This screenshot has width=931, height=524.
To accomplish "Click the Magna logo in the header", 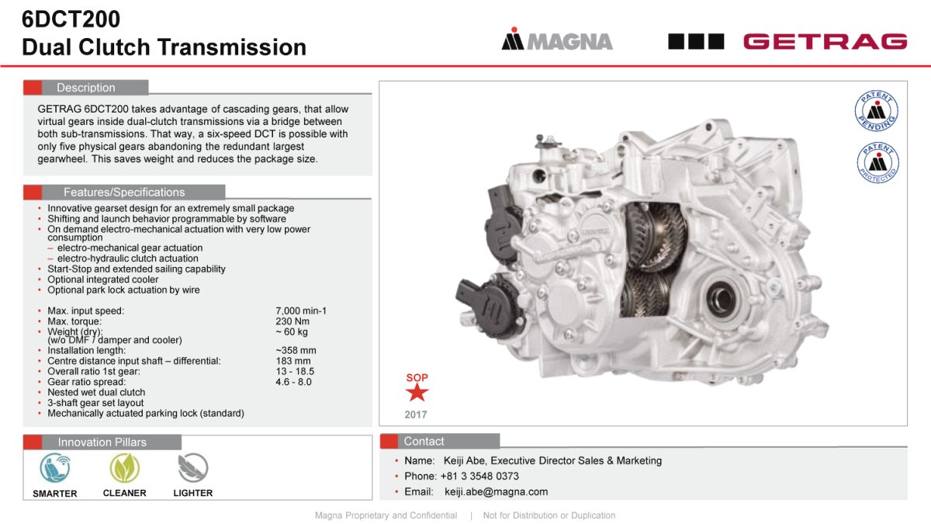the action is point(557,39).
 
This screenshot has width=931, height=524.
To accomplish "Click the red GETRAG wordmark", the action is point(825,42).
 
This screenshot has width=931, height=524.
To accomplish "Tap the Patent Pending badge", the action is point(877,110).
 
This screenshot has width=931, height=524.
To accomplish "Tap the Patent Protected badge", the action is point(877,162).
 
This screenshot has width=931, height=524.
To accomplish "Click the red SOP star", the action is point(417,393).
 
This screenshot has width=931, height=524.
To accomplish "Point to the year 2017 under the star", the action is point(416,415).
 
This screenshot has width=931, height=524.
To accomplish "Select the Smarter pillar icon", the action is point(55,468).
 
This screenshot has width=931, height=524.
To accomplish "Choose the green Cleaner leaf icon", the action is point(125,468).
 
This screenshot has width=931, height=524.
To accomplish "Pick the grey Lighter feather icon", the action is point(193,468).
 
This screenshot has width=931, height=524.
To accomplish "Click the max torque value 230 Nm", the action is point(292,321).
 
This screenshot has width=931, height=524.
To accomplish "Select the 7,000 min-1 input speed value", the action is point(301,311).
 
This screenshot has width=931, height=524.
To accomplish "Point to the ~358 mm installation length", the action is point(296,351).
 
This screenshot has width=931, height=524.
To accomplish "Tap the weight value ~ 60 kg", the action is point(292,332).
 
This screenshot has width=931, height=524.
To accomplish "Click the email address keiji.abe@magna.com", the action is point(496,492).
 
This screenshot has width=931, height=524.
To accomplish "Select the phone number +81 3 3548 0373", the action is point(479,476).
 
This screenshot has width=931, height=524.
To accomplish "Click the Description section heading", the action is point(85,88).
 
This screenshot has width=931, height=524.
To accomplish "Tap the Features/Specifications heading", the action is point(124,193).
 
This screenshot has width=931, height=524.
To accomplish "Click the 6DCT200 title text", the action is point(71,19).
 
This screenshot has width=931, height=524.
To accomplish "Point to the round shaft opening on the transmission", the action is point(721,298).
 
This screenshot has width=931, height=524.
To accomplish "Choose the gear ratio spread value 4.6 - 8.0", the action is point(293,382).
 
